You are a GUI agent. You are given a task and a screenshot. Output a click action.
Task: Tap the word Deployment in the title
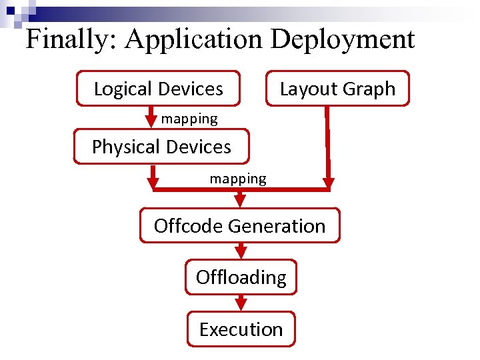click(x=343, y=40)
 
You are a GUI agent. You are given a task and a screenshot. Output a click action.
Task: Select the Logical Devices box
click(x=158, y=89)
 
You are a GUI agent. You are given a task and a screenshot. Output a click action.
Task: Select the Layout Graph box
click(x=337, y=89)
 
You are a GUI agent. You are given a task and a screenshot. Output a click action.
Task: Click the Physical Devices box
click(x=161, y=147)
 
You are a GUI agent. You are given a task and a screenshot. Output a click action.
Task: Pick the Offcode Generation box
click(x=239, y=226)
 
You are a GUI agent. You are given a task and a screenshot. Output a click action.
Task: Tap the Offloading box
click(x=241, y=277)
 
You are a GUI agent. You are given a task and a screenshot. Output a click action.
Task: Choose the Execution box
click(x=241, y=329)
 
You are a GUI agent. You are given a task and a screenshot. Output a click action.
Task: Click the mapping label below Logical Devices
click(x=189, y=119)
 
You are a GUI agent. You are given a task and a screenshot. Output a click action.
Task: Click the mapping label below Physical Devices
click(x=238, y=179)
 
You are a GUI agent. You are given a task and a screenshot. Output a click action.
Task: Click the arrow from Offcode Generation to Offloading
click(x=241, y=251)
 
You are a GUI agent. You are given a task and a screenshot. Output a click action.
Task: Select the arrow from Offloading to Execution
click(x=241, y=303)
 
